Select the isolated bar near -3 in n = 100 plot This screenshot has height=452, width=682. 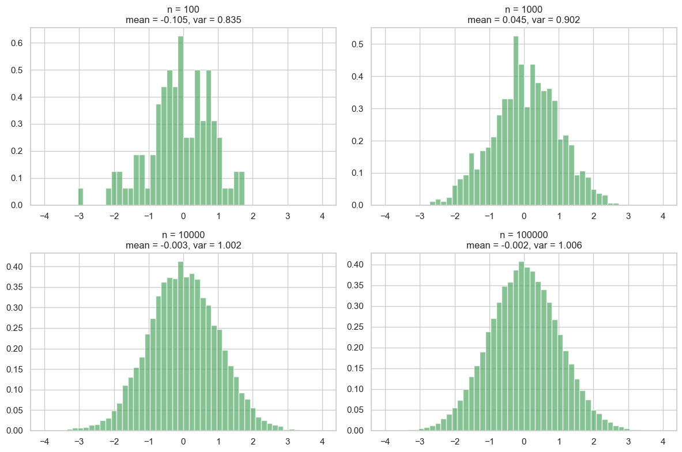[81, 197]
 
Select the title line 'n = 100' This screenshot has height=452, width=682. [182, 9]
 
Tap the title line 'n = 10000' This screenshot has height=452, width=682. [182, 234]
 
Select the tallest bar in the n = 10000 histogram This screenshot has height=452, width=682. [180, 346]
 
